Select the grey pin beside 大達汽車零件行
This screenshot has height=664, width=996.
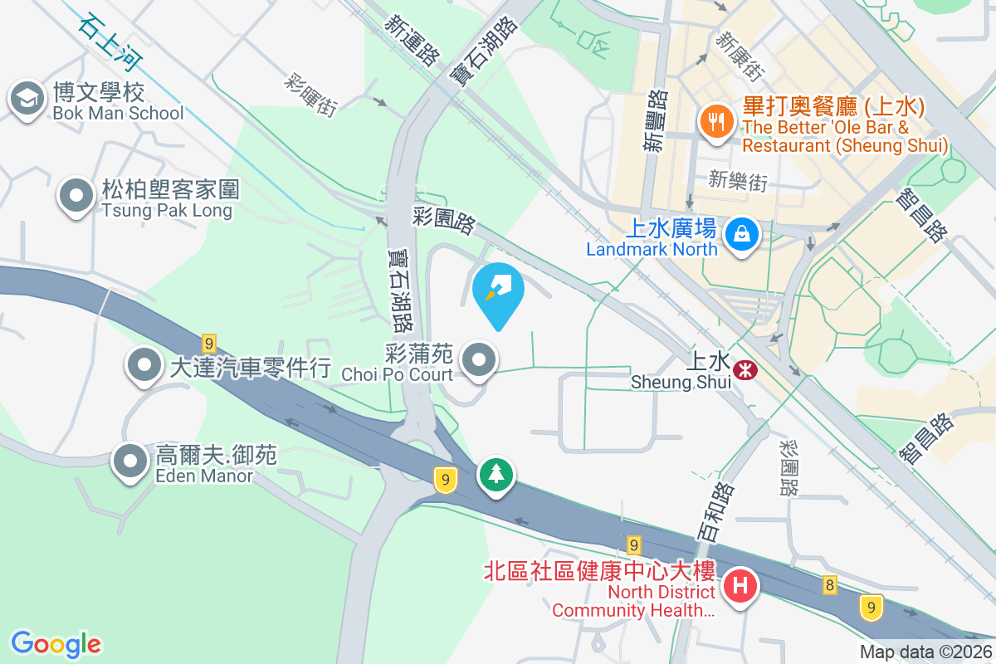point(145,364)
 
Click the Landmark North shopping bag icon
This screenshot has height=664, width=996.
point(739,233)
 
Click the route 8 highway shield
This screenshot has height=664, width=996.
point(830,586)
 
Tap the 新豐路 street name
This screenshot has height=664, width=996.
point(656,121)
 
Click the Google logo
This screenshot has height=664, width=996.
point(56,643)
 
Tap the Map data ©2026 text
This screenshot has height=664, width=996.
point(925,652)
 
